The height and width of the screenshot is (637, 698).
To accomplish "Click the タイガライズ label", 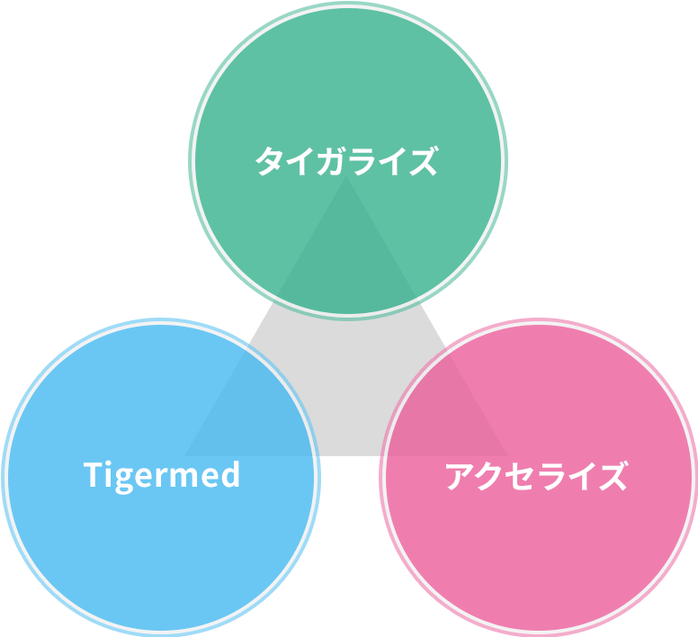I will [x=346, y=161].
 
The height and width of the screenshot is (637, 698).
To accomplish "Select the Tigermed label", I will [x=162, y=474].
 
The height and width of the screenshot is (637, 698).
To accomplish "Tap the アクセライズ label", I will [x=536, y=475].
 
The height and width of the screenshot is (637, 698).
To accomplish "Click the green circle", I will [x=347, y=90].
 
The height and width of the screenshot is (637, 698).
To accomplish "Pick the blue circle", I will [x=135, y=540].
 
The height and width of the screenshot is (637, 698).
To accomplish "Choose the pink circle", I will [x=558, y=549].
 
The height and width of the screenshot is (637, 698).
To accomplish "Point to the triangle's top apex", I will [x=347, y=175].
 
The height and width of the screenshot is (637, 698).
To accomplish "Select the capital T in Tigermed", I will [x=94, y=474].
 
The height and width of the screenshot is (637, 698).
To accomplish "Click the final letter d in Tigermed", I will [x=230, y=474].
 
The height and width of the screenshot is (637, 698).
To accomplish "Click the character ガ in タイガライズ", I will [x=331, y=161].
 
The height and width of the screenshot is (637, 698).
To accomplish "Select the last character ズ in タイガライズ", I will [x=422, y=161].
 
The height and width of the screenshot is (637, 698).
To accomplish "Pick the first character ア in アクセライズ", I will [x=461, y=476].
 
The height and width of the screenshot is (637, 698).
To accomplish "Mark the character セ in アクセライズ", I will [x=522, y=476].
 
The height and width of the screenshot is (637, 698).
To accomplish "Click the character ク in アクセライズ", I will [x=491, y=476].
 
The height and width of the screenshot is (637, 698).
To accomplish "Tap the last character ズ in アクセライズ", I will [x=612, y=476].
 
